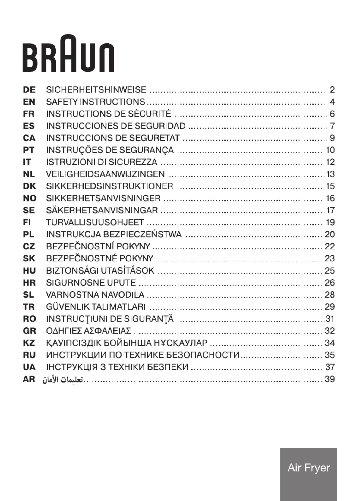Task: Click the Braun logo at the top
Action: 68,54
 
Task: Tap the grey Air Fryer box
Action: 308,474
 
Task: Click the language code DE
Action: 29,90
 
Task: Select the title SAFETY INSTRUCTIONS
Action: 96,102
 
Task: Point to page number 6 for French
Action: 332,114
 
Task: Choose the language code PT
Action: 29,150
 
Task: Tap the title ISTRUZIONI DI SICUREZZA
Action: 102,162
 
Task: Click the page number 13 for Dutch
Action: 330,174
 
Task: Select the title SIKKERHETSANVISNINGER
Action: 103,198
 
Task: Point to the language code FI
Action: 27,222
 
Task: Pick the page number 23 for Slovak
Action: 330,258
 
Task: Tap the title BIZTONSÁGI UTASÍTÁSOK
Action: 100,271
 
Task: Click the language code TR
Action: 29,307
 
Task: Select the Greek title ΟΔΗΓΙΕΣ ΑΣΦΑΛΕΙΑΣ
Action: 88,331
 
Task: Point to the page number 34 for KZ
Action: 330,343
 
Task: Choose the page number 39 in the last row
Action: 330,379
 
